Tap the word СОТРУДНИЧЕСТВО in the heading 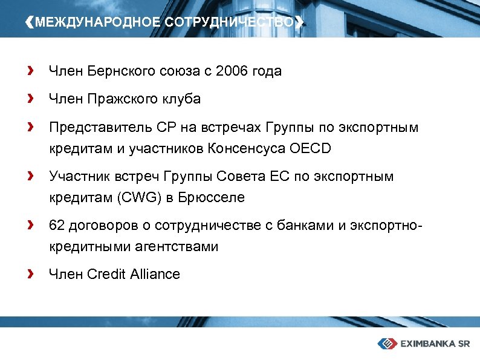point(229,22)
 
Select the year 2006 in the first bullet point(232,71)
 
